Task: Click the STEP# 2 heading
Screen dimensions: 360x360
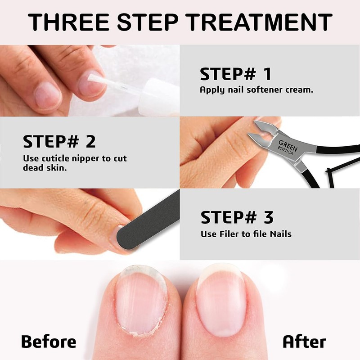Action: pos(59,141)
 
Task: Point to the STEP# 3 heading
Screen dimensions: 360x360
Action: pos(237,218)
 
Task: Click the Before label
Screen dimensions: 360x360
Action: pos(49,341)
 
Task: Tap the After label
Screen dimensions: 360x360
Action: pos(304,341)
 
